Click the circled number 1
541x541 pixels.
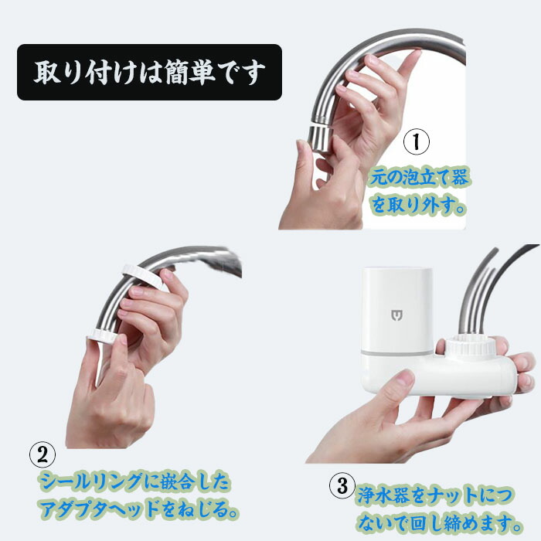coord(417,141)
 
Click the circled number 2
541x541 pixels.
coord(43,454)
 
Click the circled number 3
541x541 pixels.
coord(342,485)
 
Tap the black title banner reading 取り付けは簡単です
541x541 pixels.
coord(149,72)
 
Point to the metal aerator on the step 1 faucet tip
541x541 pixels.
coord(320,138)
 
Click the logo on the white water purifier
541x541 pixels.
coord(397,315)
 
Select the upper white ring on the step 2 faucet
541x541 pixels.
coord(143,275)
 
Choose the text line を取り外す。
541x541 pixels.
coord(418,205)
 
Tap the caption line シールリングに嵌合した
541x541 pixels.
coord(134,481)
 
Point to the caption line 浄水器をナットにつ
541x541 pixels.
coord(434,495)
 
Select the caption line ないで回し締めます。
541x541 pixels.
coord(439,522)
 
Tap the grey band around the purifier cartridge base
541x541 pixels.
coord(396,352)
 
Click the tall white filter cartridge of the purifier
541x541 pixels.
coord(396,309)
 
